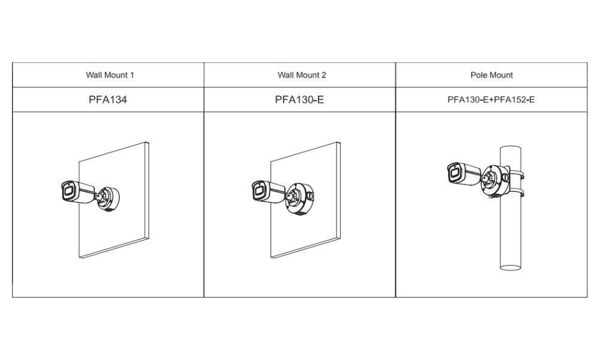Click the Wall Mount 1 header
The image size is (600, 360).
(110, 75)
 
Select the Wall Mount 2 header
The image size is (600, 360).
(302, 75)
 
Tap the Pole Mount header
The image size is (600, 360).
(491, 75)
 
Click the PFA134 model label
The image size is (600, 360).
(107, 100)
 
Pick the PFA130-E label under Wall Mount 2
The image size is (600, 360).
(299, 100)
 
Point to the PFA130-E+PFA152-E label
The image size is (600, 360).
(491, 100)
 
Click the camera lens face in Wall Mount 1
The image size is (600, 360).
(68, 191)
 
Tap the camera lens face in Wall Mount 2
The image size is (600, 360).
(259, 191)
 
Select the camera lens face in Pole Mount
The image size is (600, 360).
(454, 173)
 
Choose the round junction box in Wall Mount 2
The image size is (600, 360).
(299, 198)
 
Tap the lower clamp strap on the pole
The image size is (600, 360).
(518, 193)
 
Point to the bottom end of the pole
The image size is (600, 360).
(511, 268)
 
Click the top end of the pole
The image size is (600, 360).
(511, 149)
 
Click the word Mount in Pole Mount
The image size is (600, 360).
(499, 75)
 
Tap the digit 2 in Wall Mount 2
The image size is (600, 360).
(324, 75)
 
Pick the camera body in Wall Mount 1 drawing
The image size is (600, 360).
(78, 191)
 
